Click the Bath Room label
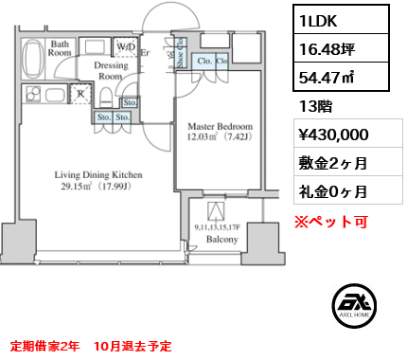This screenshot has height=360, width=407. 61,48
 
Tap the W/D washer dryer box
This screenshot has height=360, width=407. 125,46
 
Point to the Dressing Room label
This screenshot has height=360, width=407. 111,71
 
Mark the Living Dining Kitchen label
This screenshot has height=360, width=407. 98,179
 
